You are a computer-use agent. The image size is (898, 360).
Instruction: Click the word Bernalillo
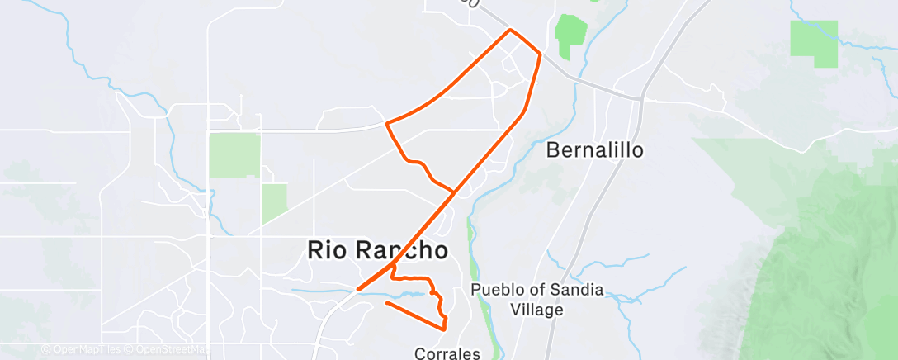pos(594,151)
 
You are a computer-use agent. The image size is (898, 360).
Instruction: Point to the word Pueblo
pos(499,291)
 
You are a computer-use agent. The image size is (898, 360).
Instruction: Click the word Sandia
pos(580,291)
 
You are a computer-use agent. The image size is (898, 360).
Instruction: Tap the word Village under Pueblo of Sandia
pos(536,310)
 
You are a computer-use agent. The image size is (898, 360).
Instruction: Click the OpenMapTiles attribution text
pos(82,350)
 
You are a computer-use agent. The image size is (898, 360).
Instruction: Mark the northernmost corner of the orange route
pos(510,30)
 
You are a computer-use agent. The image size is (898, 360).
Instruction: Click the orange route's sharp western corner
pos(387,124)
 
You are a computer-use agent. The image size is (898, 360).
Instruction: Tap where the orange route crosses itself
pos(453,192)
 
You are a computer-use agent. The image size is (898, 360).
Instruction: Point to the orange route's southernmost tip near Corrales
pos(445,329)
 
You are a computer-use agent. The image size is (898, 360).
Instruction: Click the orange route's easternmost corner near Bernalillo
pos(541,54)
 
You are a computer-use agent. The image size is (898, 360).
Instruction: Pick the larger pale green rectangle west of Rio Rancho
pos(234,154)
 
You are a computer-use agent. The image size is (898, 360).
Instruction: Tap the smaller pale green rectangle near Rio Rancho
pos(274,204)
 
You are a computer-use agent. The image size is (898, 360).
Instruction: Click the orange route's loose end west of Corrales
pos(386,304)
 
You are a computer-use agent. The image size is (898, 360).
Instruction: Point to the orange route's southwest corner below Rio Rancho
pos(357,290)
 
